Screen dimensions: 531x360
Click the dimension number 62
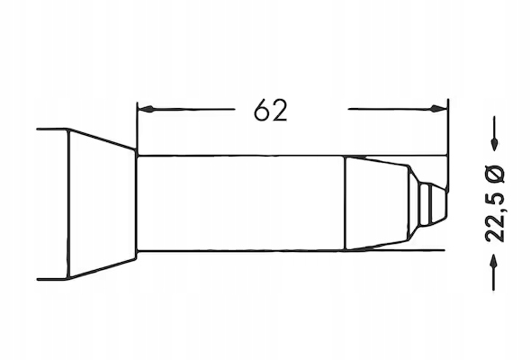[271, 110]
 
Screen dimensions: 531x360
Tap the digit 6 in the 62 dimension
[262, 110]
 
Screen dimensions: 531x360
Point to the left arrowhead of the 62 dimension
[146, 109]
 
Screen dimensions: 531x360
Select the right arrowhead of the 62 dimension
[438, 109]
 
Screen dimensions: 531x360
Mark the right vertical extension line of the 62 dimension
[447, 146]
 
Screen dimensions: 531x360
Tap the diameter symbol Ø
[495, 173]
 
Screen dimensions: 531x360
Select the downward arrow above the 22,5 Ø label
[494, 133]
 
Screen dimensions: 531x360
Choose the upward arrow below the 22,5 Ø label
[494, 272]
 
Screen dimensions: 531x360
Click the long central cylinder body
[240, 203]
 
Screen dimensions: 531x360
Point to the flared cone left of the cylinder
[103, 204]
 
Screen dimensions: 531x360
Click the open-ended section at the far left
[52, 204]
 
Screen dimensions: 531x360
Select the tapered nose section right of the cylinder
[379, 203]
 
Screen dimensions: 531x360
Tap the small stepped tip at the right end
[431, 204]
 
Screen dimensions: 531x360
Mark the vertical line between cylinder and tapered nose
[345, 203]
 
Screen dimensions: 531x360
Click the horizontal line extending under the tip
[394, 250]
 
